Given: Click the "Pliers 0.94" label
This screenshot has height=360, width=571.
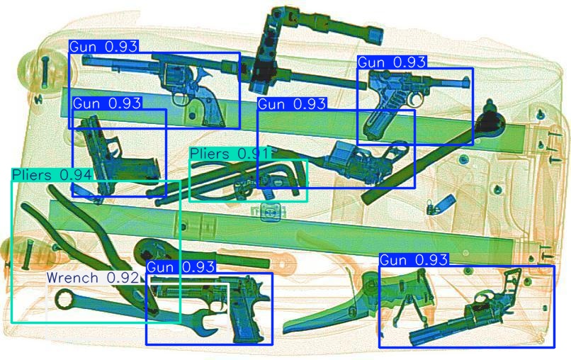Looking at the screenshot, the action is tap(52, 175).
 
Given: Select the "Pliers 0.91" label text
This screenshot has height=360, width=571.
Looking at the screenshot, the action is tap(229, 154).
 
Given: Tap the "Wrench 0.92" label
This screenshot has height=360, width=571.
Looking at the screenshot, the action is tap(93, 278).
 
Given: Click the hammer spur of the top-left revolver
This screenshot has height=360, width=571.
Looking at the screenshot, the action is tap(207, 72).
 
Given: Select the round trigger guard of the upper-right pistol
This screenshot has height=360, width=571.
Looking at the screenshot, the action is tap(414, 99).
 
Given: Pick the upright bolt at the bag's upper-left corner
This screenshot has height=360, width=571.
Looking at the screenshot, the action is tap(45, 73).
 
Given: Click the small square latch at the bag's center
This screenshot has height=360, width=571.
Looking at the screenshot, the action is tap(271, 213).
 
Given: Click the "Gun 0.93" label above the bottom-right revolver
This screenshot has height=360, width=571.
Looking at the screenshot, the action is tap(413, 260).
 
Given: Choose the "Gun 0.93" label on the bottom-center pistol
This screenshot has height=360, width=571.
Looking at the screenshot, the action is tap(181, 267).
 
